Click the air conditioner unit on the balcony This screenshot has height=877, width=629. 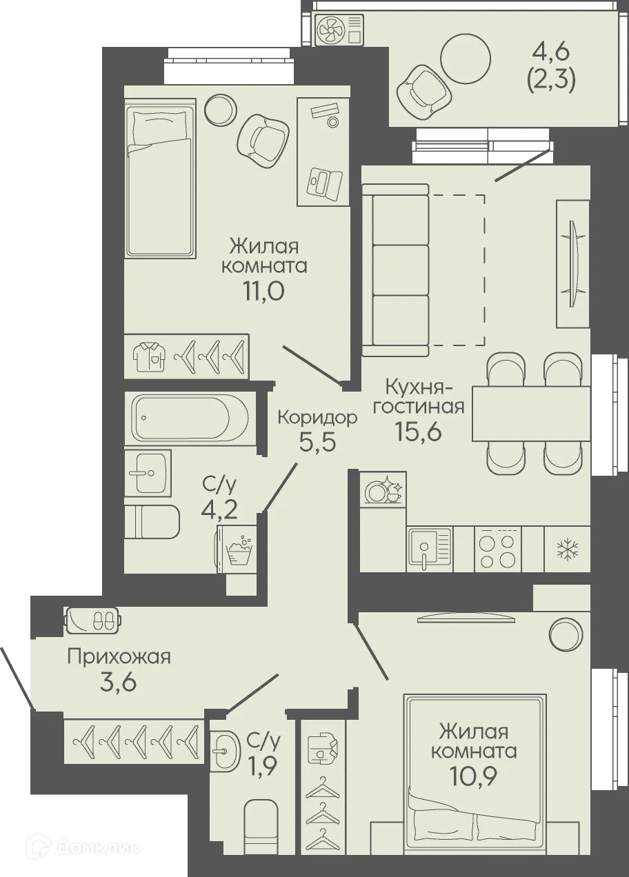pos(339,30)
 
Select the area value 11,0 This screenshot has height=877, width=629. pos(263,291)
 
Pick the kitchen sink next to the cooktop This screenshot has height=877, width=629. pos(428,549)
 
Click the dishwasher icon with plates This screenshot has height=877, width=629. pos(383,490)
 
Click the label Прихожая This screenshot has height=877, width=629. pos(119,657)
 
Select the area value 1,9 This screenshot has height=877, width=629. pos(263,766)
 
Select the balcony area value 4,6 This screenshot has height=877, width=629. pos(551,52)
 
